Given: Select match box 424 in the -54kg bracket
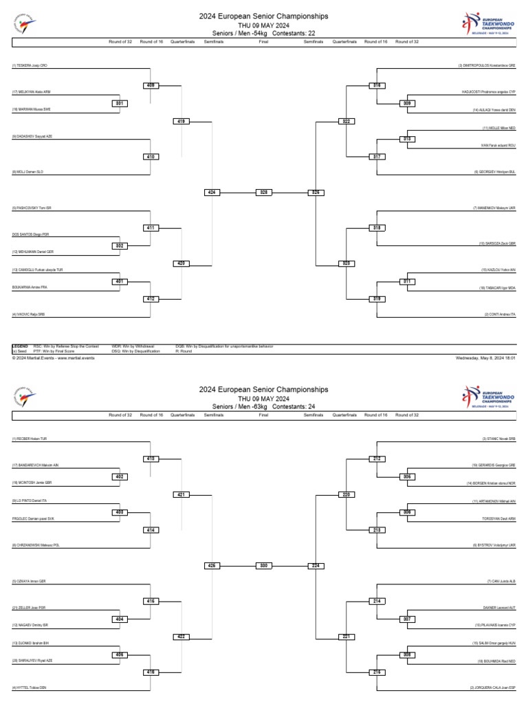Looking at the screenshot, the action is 212,192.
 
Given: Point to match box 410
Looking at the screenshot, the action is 151,156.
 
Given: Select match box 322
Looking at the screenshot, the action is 346,121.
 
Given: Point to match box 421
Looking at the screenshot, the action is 181,494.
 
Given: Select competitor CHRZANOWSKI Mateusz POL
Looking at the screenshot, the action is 35,545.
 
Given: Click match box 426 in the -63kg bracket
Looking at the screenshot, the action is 212,566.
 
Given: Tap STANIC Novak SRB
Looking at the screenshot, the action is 498,439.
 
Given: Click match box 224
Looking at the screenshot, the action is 316,566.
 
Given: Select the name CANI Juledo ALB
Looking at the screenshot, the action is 500,581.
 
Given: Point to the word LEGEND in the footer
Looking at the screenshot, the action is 20,346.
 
